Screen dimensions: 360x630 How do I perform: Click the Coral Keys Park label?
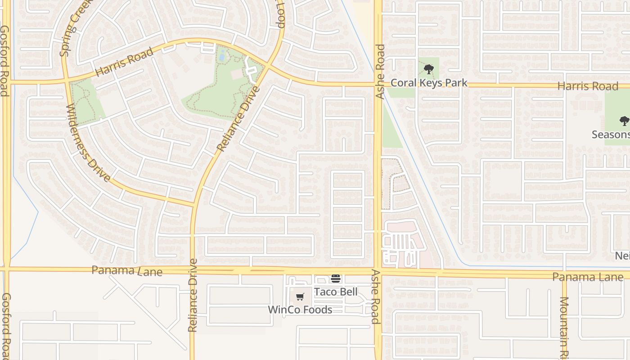coord(429,83)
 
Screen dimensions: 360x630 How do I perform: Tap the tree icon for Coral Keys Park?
coord(428,70)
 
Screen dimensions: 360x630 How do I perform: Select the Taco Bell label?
coord(336,292)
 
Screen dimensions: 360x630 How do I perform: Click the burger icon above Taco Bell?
coord(336,279)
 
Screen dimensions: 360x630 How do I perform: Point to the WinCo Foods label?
coord(300,310)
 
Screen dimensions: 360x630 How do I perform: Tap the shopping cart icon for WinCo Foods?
coord(300,297)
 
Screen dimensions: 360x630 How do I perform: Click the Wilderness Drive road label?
coord(88,143)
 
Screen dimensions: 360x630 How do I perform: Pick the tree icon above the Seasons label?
coord(624,121)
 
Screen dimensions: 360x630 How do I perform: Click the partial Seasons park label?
coord(611,135)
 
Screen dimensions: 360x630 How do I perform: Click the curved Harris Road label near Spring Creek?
coord(124,62)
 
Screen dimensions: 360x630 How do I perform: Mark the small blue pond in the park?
coord(221,56)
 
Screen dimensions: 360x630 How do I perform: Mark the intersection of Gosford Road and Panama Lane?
coord(7,269)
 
